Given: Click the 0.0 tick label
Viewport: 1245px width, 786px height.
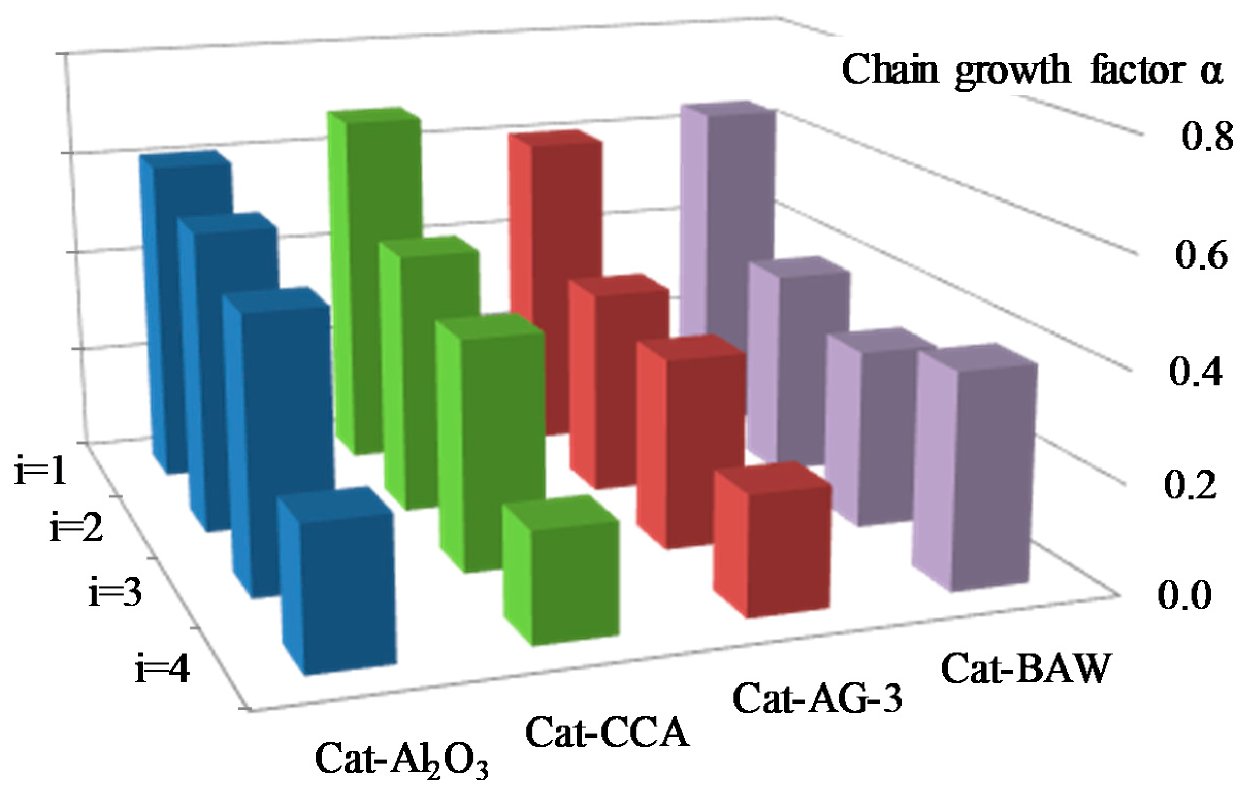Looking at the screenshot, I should click(1184, 595).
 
